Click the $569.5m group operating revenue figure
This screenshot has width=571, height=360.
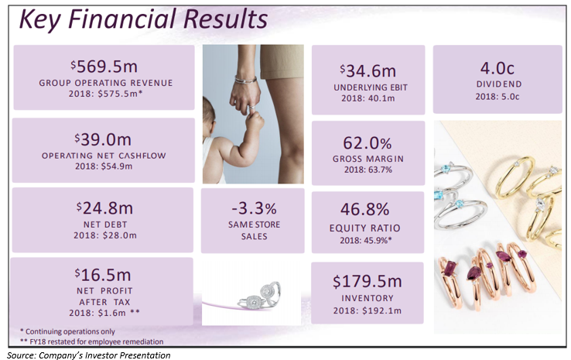[104, 67]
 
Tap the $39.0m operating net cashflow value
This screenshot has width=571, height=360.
[103, 139]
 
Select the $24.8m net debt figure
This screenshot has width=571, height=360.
[104, 208]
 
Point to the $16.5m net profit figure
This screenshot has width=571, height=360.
[103, 275]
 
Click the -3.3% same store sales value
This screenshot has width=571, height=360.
[255, 208]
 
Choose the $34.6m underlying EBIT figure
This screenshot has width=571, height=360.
[368, 70]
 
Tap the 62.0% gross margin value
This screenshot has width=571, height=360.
[368, 142]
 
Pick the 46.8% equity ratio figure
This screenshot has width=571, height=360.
[365, 209]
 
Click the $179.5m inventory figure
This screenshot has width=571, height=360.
[368, 281]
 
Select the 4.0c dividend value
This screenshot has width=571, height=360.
[497, 68]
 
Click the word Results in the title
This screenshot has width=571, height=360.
[225, 19]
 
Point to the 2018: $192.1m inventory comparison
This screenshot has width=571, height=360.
[368, 310]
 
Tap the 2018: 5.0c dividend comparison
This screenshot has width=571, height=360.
[497, 97]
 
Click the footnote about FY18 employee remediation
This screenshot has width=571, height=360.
[91, 341]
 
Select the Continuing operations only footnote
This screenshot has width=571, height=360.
[67, 331]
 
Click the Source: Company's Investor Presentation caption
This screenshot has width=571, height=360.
[88, 355]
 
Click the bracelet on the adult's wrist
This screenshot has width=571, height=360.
[245, 80]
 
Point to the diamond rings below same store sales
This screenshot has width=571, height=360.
[259, 296]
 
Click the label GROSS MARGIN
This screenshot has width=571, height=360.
[368, 159]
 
